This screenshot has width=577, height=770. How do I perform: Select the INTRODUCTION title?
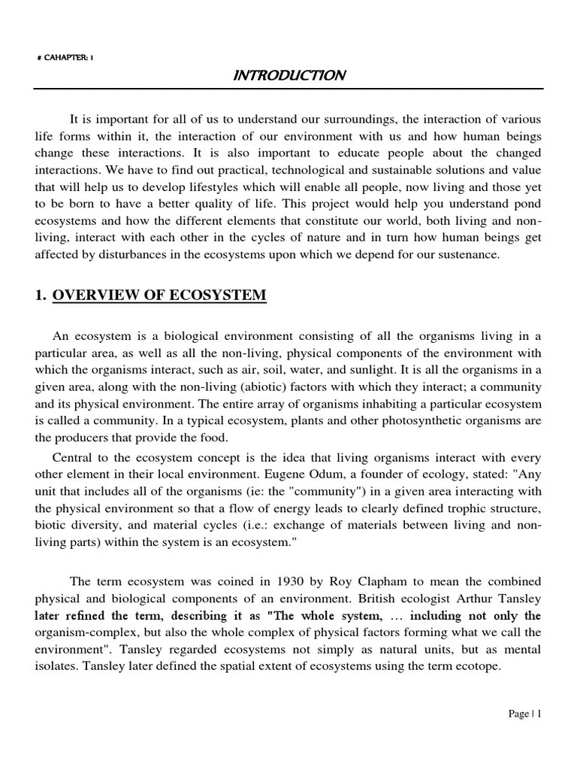(x=288, y=75)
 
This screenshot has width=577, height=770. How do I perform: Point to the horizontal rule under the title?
(x=288, y=89)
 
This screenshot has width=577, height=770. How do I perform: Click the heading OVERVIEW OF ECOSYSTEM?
(x=159, y=296)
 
